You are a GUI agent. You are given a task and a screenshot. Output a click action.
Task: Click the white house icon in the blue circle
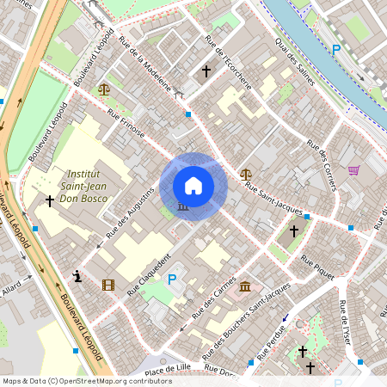[x=193, y=186]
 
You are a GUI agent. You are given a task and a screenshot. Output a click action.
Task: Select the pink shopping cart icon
[x=353, y=170]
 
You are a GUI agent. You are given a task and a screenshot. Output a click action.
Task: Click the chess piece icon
[x=78, y=276]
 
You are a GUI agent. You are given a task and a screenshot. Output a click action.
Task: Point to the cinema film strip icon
[x=107, y=285]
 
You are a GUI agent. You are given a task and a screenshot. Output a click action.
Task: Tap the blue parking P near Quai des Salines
[x=336, y=49]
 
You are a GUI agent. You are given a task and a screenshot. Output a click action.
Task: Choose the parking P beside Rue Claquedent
[x=171, y=279]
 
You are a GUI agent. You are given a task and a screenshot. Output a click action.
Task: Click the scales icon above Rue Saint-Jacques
[x=246, y=173]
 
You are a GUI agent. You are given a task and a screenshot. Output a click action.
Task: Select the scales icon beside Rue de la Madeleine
[x=104, y=89]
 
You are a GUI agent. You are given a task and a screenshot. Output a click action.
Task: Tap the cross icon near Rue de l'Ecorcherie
[x=206, y=71]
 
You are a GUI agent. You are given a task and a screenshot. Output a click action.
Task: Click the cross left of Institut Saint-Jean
[x=49, y=200]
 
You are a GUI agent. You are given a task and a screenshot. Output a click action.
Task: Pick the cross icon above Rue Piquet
[x=293, y=230]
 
